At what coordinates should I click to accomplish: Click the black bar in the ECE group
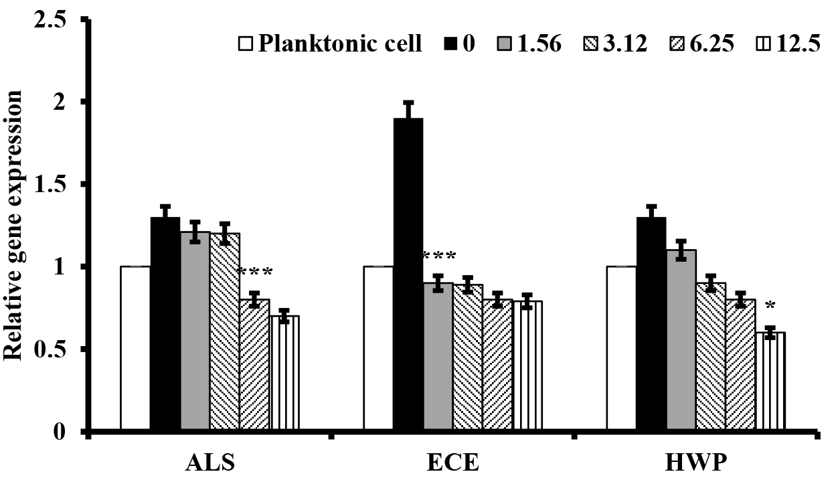coord(408,274)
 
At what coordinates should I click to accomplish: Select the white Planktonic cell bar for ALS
coord(135,348)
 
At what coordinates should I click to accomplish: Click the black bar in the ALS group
coord(165,324)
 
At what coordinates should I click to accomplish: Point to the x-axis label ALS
coord(209,463)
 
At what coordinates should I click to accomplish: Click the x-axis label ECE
coord(453,463)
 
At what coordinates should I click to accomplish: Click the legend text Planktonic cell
coord(340,45)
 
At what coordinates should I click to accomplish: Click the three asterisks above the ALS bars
coord(254,272)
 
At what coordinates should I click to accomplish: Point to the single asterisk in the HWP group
coord(770,307)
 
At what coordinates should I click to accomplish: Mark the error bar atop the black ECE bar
coord(408,110)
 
